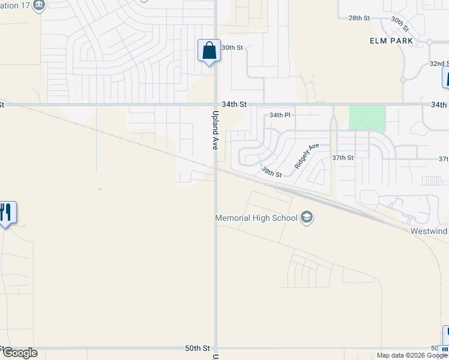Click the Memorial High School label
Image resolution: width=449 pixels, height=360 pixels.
point(256,218)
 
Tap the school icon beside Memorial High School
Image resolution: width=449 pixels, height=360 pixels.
point(307,217)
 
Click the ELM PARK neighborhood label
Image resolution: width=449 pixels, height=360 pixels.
point(392,40)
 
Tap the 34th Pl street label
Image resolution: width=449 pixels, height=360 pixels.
point(279,115)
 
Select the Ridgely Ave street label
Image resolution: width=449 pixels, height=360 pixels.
point(307,155)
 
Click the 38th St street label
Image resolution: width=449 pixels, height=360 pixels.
point(271,172)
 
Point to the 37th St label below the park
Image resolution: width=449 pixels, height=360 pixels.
point(343,158)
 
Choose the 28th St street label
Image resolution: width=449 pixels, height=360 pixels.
point(358,18)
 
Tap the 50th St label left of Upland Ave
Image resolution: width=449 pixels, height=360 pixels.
point(197,348)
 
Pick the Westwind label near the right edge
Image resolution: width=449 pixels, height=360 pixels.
point(429,231)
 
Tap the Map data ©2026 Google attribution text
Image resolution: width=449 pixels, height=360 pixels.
point(412,355)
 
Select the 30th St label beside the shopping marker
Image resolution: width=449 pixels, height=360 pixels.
point(232,47)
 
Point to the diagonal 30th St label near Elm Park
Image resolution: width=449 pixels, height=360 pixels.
point(400,24)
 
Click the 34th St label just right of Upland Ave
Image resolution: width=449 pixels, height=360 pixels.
point(234,104)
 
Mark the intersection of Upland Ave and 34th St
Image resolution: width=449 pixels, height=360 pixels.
point(215,104)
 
